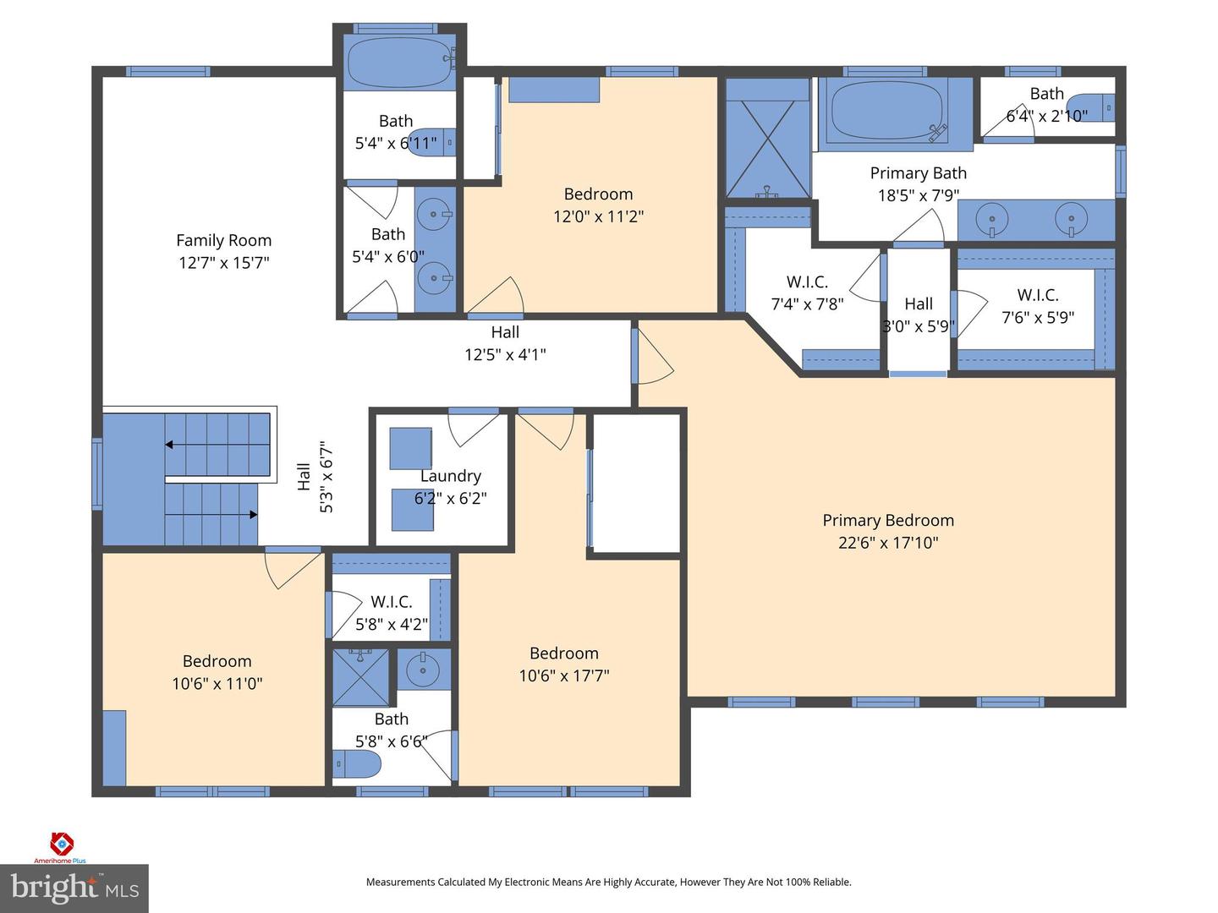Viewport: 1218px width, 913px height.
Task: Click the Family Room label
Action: coord(223,241)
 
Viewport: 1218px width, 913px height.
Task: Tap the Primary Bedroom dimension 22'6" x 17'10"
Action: coord(888,543)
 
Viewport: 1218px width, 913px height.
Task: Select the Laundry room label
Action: coord(450,476)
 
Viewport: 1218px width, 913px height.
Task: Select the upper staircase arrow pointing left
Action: coord(170,445)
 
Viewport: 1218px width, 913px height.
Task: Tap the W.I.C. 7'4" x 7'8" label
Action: coord(807,282)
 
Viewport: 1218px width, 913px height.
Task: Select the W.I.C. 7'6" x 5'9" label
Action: coord(1038,295)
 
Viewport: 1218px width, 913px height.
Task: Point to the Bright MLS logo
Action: coord(74,888)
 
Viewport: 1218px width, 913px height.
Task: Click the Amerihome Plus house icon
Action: coord(62,844)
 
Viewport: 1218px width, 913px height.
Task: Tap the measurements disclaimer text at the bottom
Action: coord(608,882)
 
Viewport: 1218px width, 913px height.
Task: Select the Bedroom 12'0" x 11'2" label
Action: coord(598,194)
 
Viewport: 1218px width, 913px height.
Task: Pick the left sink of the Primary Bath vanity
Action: coord(992,220)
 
